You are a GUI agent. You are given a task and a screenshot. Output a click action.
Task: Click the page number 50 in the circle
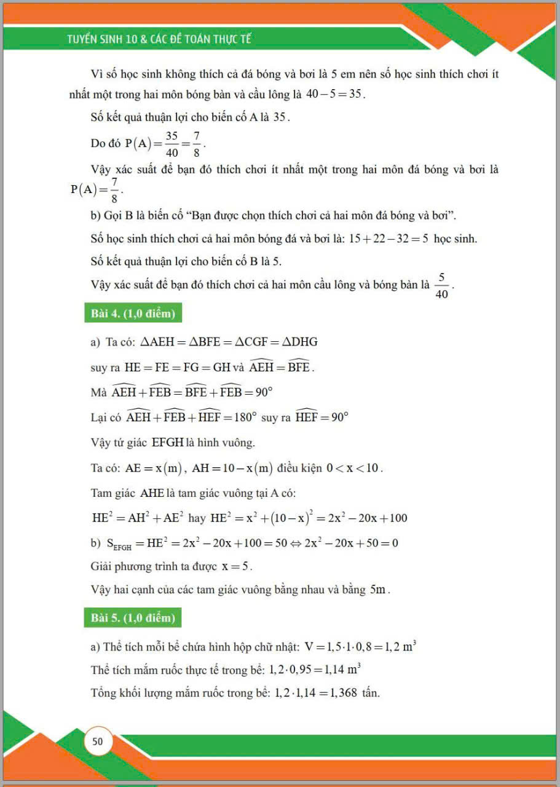pos(98,742)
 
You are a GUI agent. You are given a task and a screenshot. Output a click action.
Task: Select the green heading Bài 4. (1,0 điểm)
pos(133,314)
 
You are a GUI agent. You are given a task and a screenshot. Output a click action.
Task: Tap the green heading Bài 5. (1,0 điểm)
pos(133,618)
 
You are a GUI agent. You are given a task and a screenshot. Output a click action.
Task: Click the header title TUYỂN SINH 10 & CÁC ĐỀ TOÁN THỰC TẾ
pos(159,39)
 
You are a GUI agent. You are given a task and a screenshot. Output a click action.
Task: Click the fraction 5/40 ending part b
pos(441,286)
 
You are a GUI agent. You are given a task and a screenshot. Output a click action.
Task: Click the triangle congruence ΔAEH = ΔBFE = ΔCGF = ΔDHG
pos(229,342)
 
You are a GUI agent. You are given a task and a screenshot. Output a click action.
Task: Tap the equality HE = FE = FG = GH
pos(177,368)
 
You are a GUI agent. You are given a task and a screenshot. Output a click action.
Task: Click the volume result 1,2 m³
pos(402,647)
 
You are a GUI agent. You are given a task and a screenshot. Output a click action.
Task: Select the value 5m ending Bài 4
pos(379,590)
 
